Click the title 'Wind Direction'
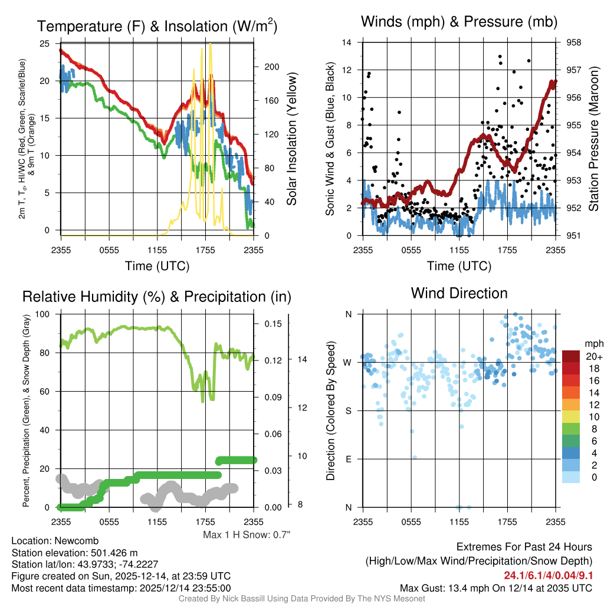[x=459, y=293]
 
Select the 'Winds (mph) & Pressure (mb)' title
[x=459, y=22]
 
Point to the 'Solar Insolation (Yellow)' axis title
[x=291, y=139]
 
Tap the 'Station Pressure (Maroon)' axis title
[x=594, y=139]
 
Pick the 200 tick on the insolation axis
[x=271, y=67]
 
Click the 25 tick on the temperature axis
[x=45, y=44]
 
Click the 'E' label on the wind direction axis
[x=348, y=459]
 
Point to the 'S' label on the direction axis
[x=348, y=411]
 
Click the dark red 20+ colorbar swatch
[x=572, y=356]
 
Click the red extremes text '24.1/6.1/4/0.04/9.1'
[x=548, y=575]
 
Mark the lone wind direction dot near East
[x=415, y=457]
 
